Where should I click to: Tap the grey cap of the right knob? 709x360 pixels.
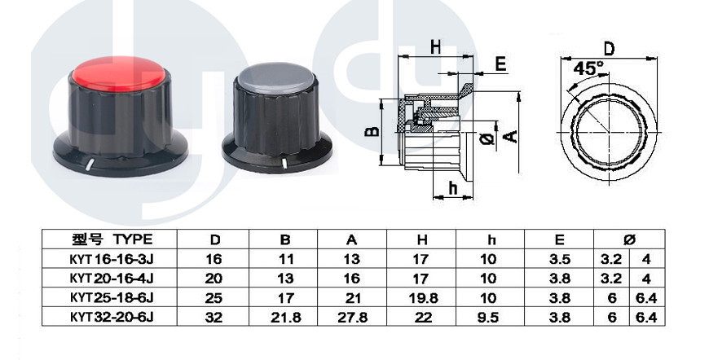pos(275,75)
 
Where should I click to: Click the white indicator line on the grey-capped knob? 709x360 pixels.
pos(284,163)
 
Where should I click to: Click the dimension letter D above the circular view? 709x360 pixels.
pos(609,49)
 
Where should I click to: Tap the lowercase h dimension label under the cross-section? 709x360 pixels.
pos(453,188)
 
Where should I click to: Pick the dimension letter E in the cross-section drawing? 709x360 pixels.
pos(500,64)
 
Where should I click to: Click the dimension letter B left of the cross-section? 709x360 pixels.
pos(372,130)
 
